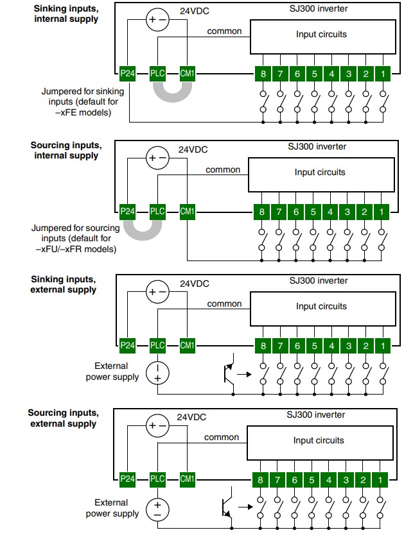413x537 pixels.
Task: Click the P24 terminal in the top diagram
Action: pos(128,73)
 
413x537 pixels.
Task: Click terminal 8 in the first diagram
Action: pos(263,74)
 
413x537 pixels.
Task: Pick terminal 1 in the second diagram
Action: pos(381,212)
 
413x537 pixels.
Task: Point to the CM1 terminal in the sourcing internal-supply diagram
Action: pos(187,211)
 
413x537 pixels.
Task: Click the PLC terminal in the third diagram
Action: pos(157,345)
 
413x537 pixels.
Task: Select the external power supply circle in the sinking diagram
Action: pos(157,373)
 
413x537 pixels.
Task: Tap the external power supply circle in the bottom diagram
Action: pos(157,509)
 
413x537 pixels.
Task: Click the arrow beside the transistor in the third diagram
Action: pos(244,374)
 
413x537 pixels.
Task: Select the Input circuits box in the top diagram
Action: pos(323,37)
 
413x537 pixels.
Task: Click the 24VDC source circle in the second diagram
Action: pos(157,158)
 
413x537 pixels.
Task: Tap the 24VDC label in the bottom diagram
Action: pos(191,417)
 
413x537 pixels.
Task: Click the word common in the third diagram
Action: pos(225,303)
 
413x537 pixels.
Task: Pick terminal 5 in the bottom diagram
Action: pos(312,480)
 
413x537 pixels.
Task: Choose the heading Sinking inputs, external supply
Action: pos(64,284)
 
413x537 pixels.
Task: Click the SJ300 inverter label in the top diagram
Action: pos(319,8)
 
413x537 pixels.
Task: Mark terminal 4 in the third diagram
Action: pos(331,346)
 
